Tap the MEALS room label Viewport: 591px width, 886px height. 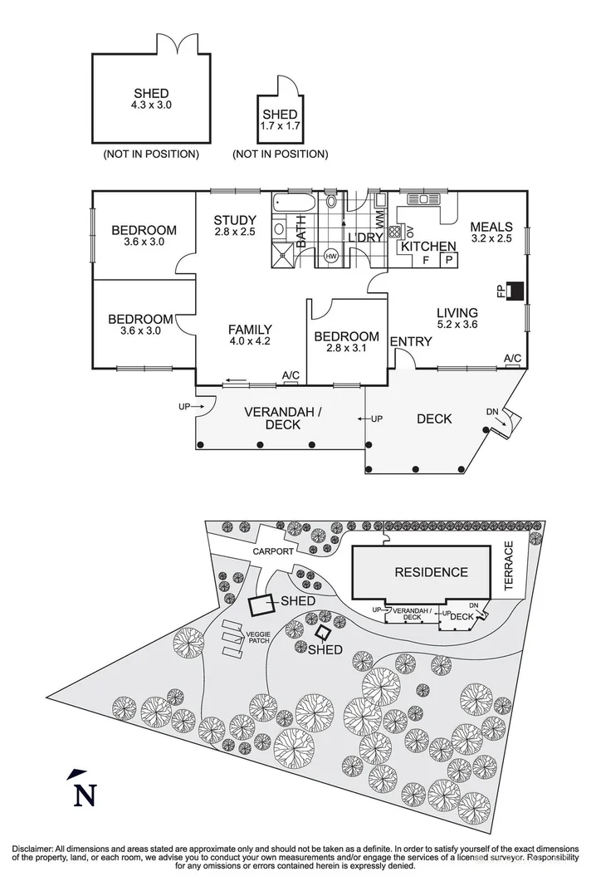[x=491, y=227]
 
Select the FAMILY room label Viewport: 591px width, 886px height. [x=250, y=330]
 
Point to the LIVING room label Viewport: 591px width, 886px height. [x=458, y=312]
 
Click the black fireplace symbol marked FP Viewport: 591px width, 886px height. [x=515, y=290]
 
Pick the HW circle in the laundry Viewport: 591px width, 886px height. [x=331, y=257]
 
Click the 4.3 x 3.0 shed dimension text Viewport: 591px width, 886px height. [x=150, y=106]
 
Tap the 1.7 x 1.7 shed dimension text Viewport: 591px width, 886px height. [x=279, y=127]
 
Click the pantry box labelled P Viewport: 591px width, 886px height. [x=449, y=260]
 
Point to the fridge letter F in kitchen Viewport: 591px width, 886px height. [x=427, y=260]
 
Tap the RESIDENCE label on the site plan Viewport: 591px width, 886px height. [x=430, y=572]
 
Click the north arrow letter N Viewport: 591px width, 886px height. [x=83, y=795]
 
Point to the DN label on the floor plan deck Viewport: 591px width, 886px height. [x=493, y=412]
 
